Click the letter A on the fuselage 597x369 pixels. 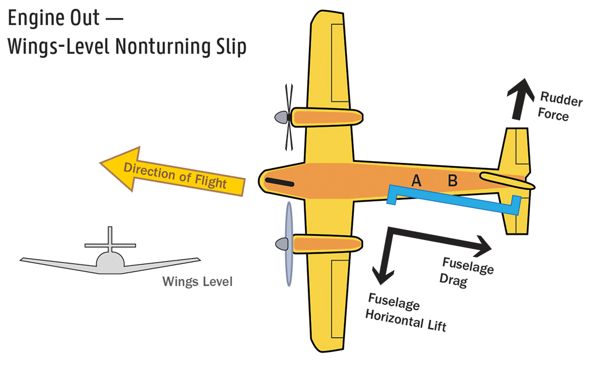[x=416, y=181]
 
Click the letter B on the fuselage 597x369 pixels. [x=452, y=181]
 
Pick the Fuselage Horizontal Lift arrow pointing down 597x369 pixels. [x=385, y=257]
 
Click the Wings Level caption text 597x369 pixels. [x=197, y=282]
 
